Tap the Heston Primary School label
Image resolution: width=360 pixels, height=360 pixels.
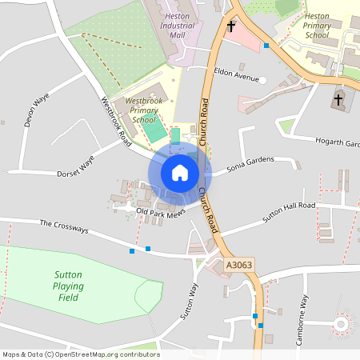[x=306, y=26]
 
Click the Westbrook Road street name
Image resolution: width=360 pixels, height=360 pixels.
[x=116, y=120]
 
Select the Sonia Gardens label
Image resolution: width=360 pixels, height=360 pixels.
[x=250, y=163]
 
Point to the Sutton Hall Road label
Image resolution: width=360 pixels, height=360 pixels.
[x=290, y=211]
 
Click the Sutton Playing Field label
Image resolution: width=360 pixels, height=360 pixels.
[x=70, y=286]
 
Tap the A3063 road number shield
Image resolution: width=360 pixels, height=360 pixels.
[x=239, y=265]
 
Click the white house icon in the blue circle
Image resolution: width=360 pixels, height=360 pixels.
[x=180, y=172]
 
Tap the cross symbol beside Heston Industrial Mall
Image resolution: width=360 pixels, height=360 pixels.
[x=231, y=26]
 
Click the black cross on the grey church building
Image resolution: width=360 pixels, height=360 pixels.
[x=338, y=101]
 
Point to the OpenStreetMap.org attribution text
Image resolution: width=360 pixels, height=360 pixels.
[x=81, y=354]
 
